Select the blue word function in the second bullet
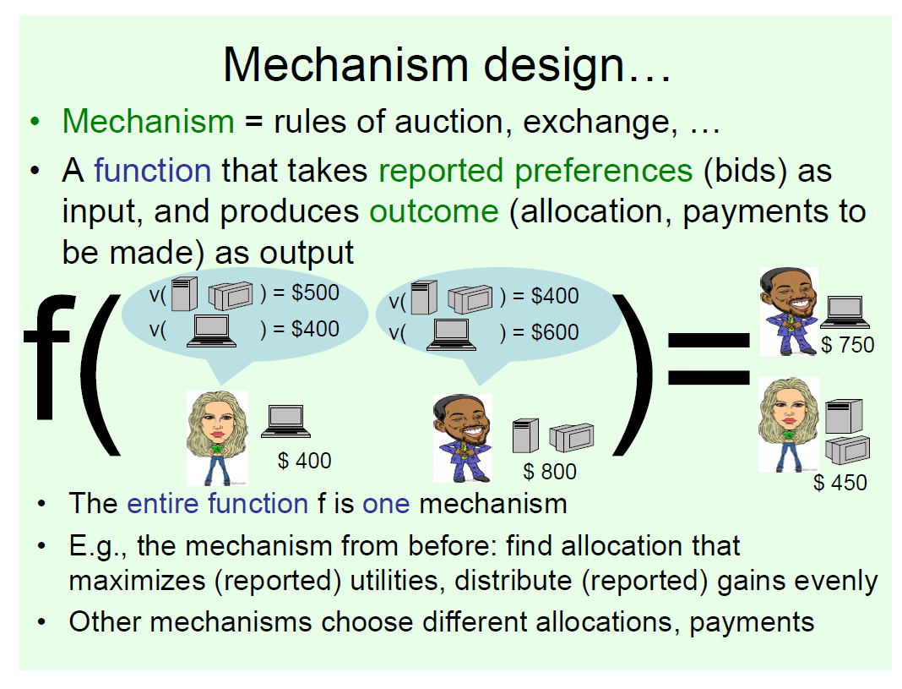(x=152, y=171)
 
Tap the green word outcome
(x=434, y=212)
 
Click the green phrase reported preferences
(x=535, y=172)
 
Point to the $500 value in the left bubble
(x=315, y=293)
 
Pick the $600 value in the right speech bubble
(x=555, y=332)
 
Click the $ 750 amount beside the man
(x=847, y=345)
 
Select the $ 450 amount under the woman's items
(x=840, y=483)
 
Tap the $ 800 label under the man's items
(x=549, y=472)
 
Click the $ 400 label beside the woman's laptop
(x=304, y=461)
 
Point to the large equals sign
(x=709, y=358)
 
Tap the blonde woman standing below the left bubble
(x=217, y=438)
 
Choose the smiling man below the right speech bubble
(x=463, y=438)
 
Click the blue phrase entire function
(x=217, y=504)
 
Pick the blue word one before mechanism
(x=386, y=505)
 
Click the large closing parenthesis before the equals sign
(x=634, y=375)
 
